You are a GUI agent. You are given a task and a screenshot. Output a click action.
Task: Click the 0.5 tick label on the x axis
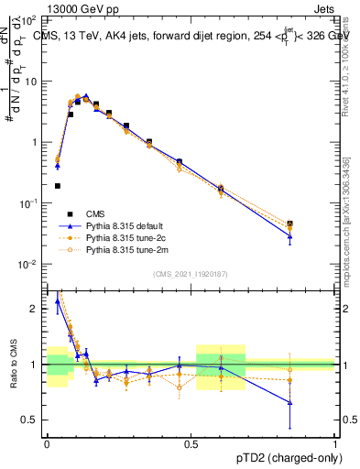click(x=191, y=442)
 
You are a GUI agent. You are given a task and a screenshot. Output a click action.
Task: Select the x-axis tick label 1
click(x=335, y=442)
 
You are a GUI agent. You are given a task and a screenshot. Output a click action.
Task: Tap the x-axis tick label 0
click(x=47, y=442)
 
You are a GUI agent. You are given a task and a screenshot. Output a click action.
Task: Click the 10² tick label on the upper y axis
click(x=32, y=18)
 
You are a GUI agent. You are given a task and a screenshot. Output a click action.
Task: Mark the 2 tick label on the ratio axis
click(x=37, y=309)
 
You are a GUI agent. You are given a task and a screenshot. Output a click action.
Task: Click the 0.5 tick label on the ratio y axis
click(x=33, y=420)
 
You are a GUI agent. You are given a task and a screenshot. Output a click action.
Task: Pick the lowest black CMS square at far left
click(x=58, y=186)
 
